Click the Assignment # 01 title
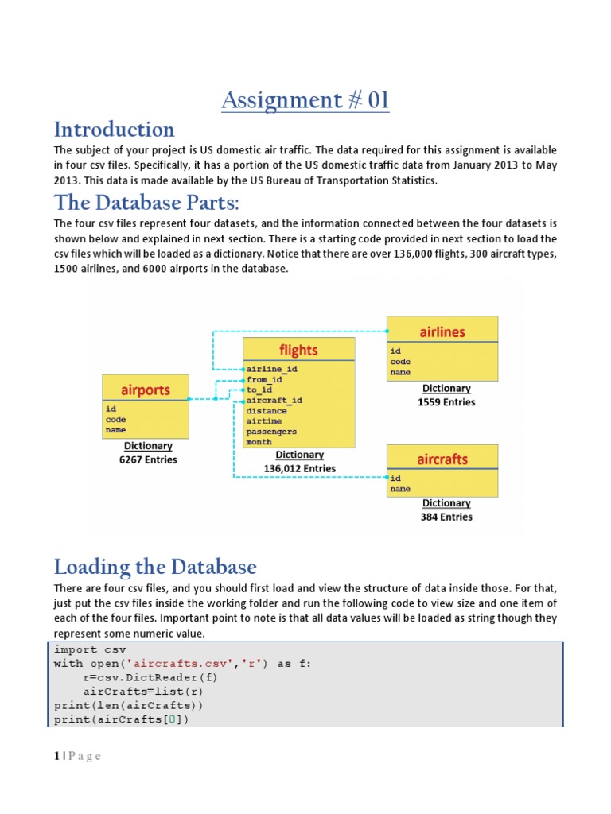(x=305, y=101)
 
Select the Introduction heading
(x=114, y=130)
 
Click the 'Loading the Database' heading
(x=155, y=568)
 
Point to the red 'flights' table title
(x=298, y=350)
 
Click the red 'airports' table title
(x=146, y=390)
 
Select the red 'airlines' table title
(x=442, y=331)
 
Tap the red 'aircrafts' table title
(x=442, y=459)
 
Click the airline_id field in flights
(x=271, y=370)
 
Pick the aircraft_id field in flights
(x=274, y=401)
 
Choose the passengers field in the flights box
(x=271, y=432)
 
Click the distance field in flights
(x=266, y=411)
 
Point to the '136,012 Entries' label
(x=299, y=469)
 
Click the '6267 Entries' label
(x=148, y=459)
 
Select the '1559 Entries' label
(x=446, y=402)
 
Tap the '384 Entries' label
(x=446, y=517)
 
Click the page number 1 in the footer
(x=56, y=756)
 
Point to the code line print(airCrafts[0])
(x=123, y=719)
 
